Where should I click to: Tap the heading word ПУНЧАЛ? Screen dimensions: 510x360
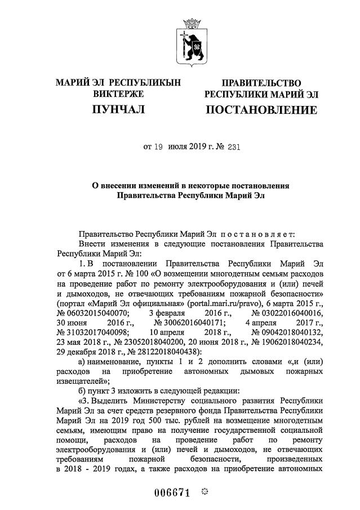pos(118,108)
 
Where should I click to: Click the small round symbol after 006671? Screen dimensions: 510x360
pos(205,493)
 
